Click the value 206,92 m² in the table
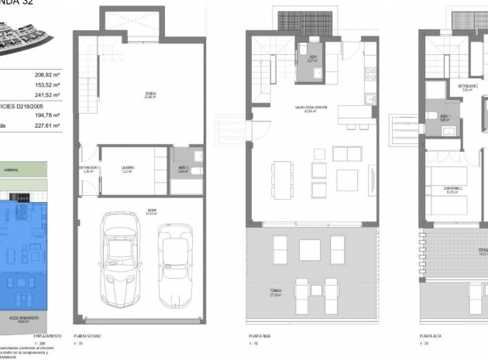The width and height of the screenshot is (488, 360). pyautogui.click(x=46, y=75)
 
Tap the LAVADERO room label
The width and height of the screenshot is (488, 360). pyautogui.click(x=128, y=169)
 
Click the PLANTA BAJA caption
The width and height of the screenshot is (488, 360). pyautogui.click(x=259, y=338)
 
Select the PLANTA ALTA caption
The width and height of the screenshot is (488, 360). pyautogui.click(x=431, y=338)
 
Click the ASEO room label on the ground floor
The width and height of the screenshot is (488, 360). pyautogui.click(x=311, y=58)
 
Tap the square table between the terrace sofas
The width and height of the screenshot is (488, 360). pyautogui.click(x=310, y=249)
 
